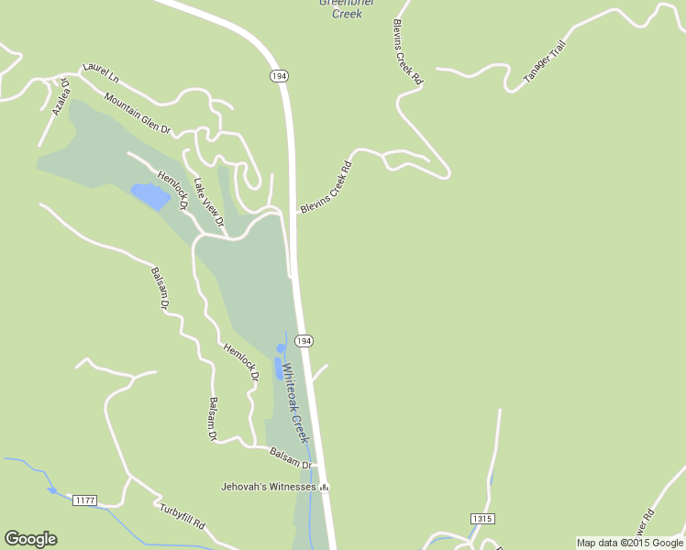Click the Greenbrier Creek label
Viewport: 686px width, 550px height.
pyautogui.click(x=341, y=8)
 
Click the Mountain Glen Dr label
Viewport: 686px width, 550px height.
pyautogui.click(x=138, y=114)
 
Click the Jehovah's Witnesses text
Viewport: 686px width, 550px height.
pyautogui.click(x=269, y=486)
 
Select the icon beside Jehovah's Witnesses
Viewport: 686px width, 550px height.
pyautogui.click(x=324, y=486)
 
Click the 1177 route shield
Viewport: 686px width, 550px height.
pyautogui.click(x=84, y=500)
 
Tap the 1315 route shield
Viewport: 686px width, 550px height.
pyautogui.click(x=482, y=519)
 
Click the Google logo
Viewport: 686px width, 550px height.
pyautogui.click(x=30, y=539)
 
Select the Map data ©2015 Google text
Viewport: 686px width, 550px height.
pyautogui.click(x=629, y=543)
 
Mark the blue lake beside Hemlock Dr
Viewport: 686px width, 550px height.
pyautogui.click(x=150, y=195)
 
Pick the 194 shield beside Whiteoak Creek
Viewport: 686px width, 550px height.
pyautogui.click(x=304, y=341)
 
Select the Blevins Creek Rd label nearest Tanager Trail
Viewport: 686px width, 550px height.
pyautogui.click(x=407, y=52)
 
